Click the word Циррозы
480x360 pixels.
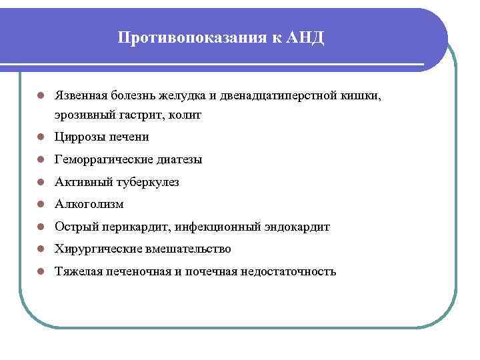pos(79,137)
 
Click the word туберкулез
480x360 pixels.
pos(147,182)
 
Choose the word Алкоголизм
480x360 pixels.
pos(89,204)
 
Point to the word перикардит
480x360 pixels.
pos(136,227)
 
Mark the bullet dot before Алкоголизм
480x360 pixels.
pos(41,205)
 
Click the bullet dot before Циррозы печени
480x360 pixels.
pos(41,137)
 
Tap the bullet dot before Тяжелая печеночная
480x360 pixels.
pos(41,272)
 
